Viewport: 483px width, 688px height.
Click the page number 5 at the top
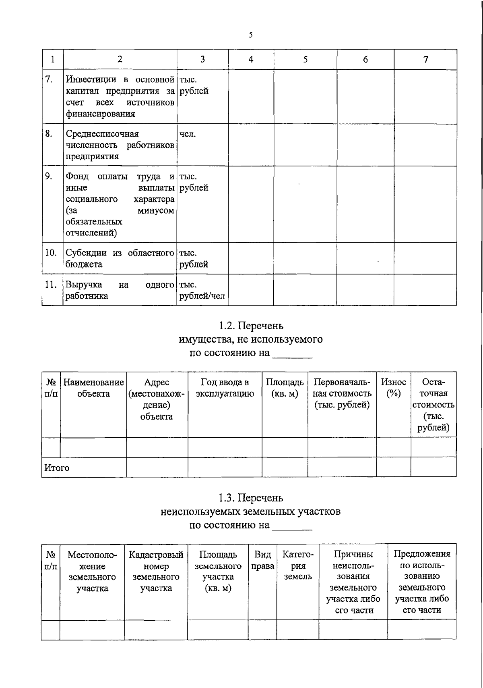click(x=251, y=35)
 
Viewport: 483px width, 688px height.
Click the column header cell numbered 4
click(x=251, y=60)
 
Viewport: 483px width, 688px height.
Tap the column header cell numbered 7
click(x=425, y=60)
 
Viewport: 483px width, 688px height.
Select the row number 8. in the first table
click(x=49, y=134)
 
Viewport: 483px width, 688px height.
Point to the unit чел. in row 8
click(x=188, y=134)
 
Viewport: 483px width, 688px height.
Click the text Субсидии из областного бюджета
click(x=120, y=258)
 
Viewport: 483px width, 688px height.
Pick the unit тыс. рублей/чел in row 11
click(x=202, y=291)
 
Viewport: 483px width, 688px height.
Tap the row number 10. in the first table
click(x=51, y=253)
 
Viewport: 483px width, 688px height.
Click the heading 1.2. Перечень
click(x=251, y=325)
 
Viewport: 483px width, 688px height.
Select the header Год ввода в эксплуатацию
click(x=225, y=388)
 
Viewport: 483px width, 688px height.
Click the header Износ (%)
click(x=393, y=388)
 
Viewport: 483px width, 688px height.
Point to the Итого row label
click(x=57, y=468)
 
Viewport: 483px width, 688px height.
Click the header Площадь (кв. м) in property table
click(x=285, y=388)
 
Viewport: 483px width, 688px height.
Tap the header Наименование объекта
click(x=93, y=388)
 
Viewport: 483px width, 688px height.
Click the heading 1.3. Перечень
click(x=251, y=498)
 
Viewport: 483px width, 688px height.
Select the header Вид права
click(x=262, y=560)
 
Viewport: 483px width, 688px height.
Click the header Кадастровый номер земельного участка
click(x=156, y=571)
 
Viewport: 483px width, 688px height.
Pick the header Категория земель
click(x=298, y=565)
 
